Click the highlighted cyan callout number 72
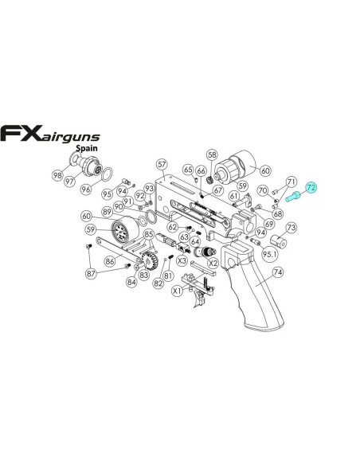[x=311, y=187]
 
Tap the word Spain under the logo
[x=87, y=148]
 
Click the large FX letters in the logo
[x=21, y=133]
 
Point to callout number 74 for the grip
[x=277, y=272]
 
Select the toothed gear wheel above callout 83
[x=149, y=260]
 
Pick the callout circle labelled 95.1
[x=270, y=255]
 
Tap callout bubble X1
[x=177, y=291]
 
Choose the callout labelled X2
[x=213, y=263]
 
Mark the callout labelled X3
[x=182, y=260]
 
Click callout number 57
[x=162, y=164]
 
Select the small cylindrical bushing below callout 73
[x=279, y=242]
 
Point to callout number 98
[x=57, y=175]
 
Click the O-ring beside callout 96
[x=107, y=174]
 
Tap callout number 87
[x=91, y=273]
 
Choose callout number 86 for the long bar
[x=110, y=261]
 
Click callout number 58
[x=213, y=154]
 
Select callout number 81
[x=168, y=275]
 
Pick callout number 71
[x=292, y=182]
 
